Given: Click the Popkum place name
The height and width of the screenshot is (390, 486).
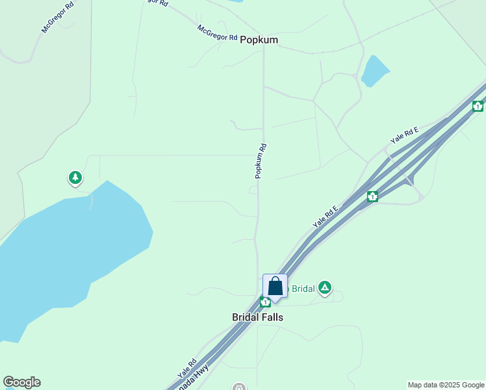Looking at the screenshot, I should click(x=259, y=40).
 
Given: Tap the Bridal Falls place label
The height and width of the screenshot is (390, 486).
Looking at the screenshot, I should click(x=257, y=317).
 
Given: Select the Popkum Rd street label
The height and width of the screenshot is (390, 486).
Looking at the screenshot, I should click(x=261, y=161).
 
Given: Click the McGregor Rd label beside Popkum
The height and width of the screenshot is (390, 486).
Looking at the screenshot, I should click(x=218, y=33).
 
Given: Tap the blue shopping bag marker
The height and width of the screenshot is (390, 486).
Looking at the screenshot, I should click(x=275, y=287).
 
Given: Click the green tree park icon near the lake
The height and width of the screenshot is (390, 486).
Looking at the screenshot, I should click(x=75, y=177).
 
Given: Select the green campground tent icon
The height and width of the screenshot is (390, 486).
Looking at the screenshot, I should click(x=325, y=288).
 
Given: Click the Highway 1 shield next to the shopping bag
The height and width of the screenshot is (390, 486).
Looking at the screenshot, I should click(x=265, y=302).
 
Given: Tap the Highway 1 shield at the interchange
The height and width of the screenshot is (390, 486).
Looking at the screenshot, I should click(x=372, y=196).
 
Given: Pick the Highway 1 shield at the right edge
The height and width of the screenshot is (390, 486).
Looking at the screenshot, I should click(x=478, y=105).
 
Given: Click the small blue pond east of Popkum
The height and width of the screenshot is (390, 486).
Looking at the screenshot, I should click(x=375, y=71).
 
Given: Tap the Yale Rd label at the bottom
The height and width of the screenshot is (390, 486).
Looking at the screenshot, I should click(x=187, y=370).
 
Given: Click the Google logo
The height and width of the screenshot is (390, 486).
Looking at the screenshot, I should click(x=21, y=382).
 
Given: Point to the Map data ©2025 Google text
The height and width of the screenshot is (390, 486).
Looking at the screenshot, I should click(x=445, y=385).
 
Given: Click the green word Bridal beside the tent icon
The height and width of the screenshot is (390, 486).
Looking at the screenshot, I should click(x=302, y=289).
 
